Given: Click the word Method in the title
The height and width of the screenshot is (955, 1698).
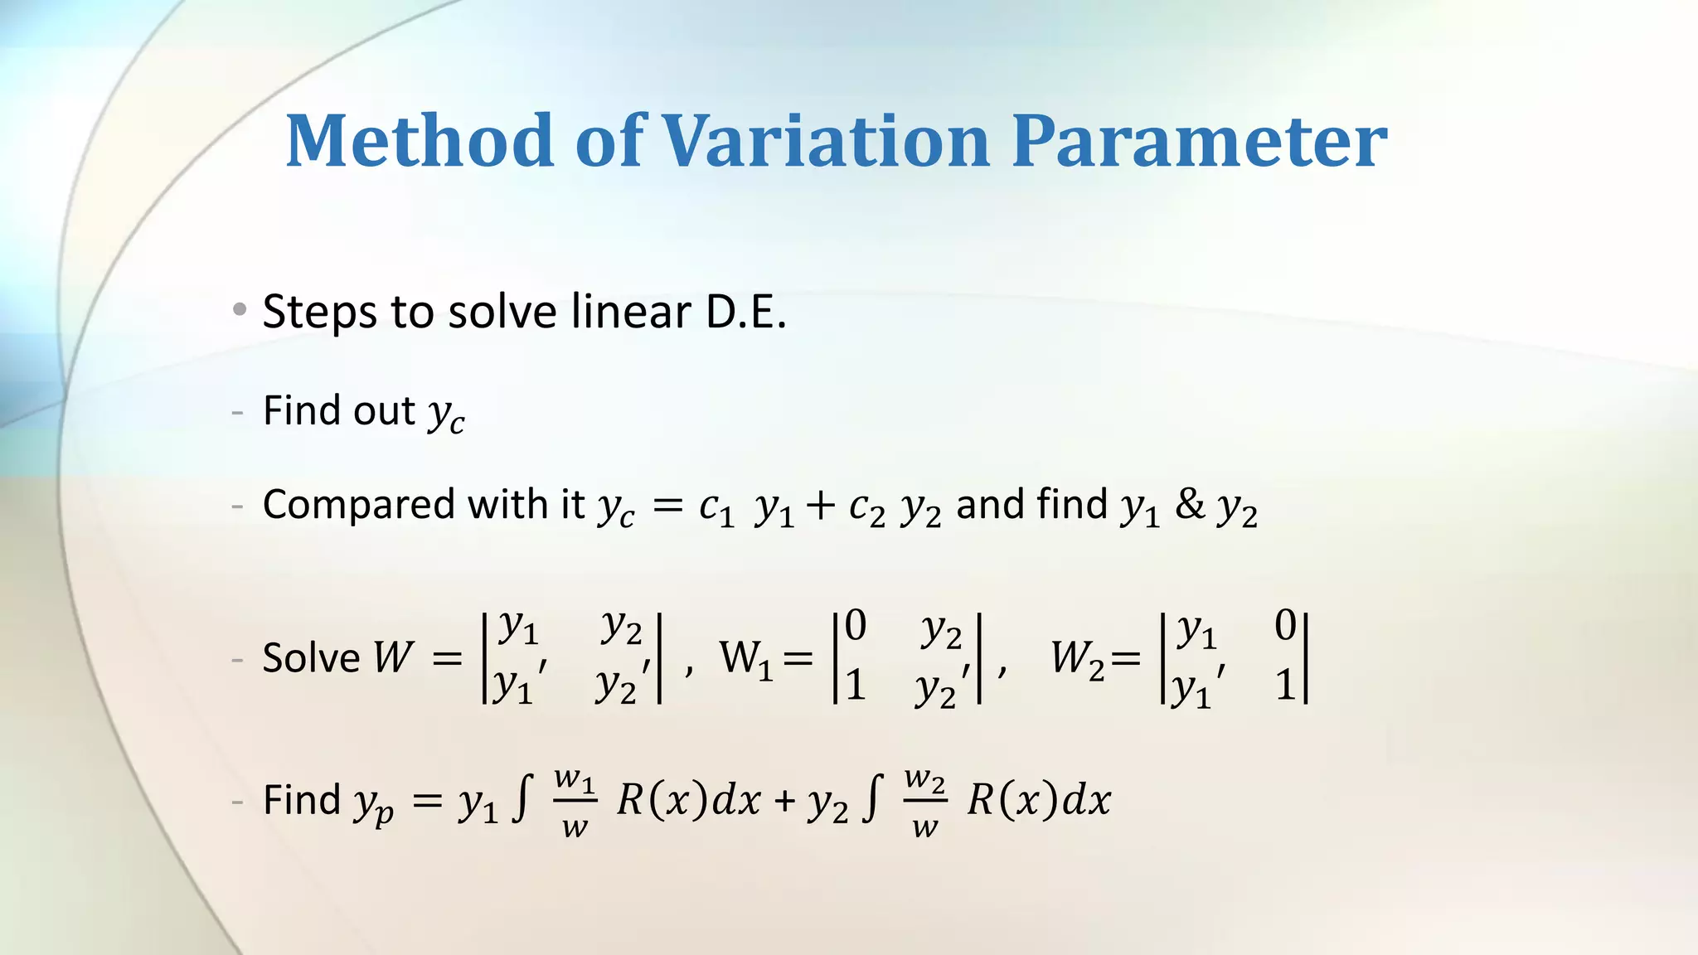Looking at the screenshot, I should (x=420, y=140).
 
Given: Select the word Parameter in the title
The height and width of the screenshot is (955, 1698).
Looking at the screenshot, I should (x=1199, y=140).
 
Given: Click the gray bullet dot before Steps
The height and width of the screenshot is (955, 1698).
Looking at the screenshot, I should (x=240, y=310).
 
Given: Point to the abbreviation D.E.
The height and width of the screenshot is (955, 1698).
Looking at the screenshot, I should (x=745, y=312).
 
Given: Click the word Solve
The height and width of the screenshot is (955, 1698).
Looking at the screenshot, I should (x=311, y=658).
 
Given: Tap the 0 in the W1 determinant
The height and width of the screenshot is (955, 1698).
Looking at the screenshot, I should (x=856, y=625).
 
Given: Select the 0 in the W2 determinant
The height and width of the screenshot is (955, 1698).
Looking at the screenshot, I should (x=1285, y=625).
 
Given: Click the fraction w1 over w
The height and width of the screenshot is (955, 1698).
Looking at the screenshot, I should (x=575, y=802).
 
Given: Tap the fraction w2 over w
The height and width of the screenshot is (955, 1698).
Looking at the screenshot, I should (x=924, y=802).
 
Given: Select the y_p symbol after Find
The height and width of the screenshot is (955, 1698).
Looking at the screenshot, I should (x=373, y=803).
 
